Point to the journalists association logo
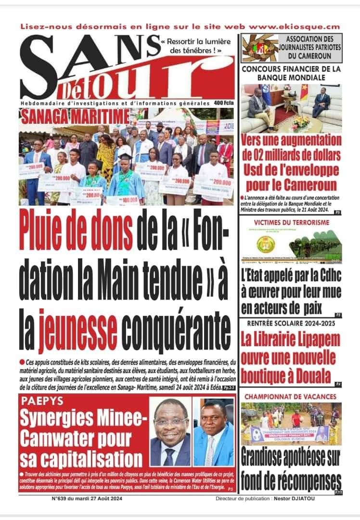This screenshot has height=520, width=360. [x=260, y=47]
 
